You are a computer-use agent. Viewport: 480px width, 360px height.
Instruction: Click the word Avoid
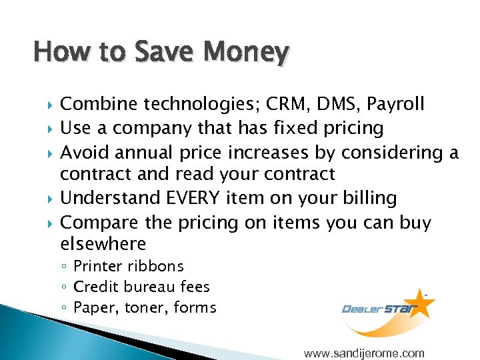[85, 153]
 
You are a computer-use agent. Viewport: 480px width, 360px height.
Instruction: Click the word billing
[368, 198]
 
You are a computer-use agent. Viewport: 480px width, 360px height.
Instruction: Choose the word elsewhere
[103, 244]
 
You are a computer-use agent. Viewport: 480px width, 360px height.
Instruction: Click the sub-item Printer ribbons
[128, 266]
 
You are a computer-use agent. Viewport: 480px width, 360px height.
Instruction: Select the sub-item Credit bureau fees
[141, 287]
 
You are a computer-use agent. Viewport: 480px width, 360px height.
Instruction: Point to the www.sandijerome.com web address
[363, 353]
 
